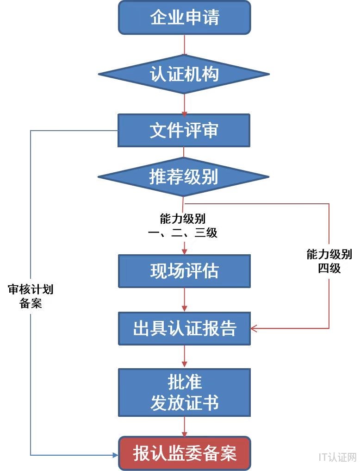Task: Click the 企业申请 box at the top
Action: (184, 18)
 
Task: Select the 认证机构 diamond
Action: (184, 74)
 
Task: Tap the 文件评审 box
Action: (184, 131)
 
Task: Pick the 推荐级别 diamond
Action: (184, 176)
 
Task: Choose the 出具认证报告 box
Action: (184, 328)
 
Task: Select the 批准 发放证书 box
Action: (184, 392)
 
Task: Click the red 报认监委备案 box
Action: (184, 453)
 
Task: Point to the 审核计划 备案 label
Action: (31, 297)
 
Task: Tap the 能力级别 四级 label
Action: (329, 261)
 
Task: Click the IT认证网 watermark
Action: (337, 457)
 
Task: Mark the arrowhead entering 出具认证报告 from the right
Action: (254, 328)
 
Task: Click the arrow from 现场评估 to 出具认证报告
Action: (185, 300)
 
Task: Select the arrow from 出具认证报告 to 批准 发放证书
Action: (185, 357)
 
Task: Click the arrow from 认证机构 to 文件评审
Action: (185, 104)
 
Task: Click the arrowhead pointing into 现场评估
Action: (185, 251)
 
